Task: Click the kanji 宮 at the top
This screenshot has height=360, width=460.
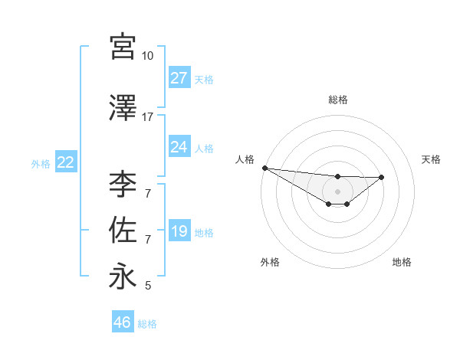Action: (x=123, y=47)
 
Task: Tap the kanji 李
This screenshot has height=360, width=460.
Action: (x=123, y=185)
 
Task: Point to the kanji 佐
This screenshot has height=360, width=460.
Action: (x=123, y=231)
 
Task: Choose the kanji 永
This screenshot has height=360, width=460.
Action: (x=123, y=277)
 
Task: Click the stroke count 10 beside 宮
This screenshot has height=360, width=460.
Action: (x=147, y=56)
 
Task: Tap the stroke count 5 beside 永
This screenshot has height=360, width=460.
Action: (x=147, y=286)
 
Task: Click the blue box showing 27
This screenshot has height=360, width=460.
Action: (x=179, y=78)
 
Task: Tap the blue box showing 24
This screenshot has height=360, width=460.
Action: (x=179, y=147)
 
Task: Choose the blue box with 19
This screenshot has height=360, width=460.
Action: (x=179, y=231)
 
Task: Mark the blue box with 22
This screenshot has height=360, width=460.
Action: (x=65, y=162)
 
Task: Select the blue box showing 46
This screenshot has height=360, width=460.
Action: (x=122, y=323)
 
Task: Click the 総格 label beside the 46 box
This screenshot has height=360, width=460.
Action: (x=147, y=324)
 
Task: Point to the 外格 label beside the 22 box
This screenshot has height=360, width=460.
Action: (x=41, y=163)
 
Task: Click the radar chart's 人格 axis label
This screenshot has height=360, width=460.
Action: (x=245, y=159)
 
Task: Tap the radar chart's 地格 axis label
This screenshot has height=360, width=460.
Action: (x=402, y=262)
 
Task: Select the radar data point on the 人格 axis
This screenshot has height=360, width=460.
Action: (x=264, y=168)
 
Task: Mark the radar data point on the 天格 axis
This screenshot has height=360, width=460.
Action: (x=382, y=177)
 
